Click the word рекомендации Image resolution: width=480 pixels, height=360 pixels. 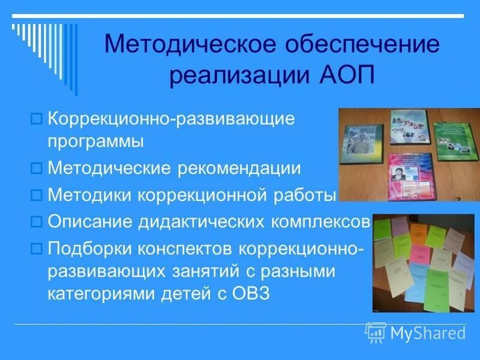coord(239,169)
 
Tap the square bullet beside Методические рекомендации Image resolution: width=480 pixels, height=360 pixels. coord(35,169)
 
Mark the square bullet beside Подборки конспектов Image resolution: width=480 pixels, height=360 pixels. coord(35,247)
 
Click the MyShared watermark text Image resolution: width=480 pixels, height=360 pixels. coord(427,332)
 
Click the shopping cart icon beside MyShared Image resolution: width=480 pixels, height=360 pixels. coord(376,331)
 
